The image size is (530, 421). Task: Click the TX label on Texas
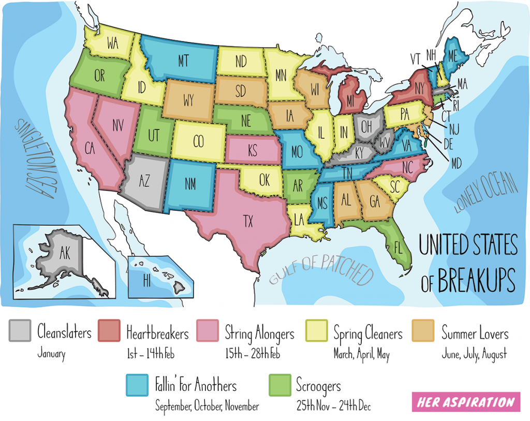(x=249, y=221)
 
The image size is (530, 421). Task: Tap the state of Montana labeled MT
(x=183, y=61)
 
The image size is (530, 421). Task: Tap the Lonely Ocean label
(x=485, y=194)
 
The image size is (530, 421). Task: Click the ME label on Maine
(x=452, y=56)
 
